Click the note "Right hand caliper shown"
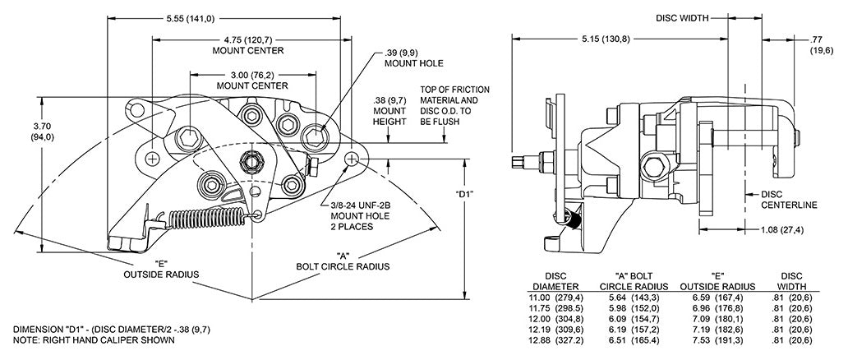(94, 339)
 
